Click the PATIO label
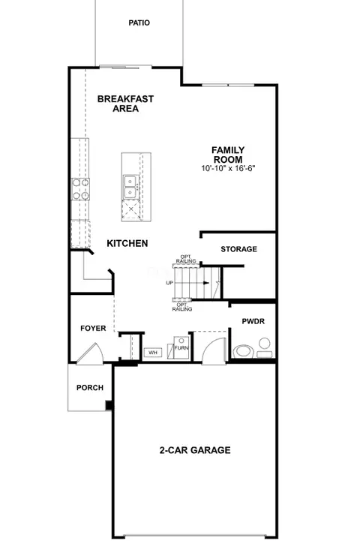(x=139, y=23)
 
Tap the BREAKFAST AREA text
(x=125, y=104)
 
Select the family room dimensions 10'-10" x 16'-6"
(x=228, y=168)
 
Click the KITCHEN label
(x=127, y=243)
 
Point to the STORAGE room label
(x=239, y=249)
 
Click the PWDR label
(x=253, y=321)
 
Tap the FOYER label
(x=93, y=328)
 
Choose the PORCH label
(x=90, y=387)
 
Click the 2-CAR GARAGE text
(x=195, y=450)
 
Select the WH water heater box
(x=153, y=353)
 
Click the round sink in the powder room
(x=265, y=344)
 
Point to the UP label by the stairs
(x=169, y=283)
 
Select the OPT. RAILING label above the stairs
(x=186, y=259)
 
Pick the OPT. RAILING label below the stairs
(x=182, y=307)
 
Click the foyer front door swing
(x=90, y=353)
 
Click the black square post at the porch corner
(x=109, y=405)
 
